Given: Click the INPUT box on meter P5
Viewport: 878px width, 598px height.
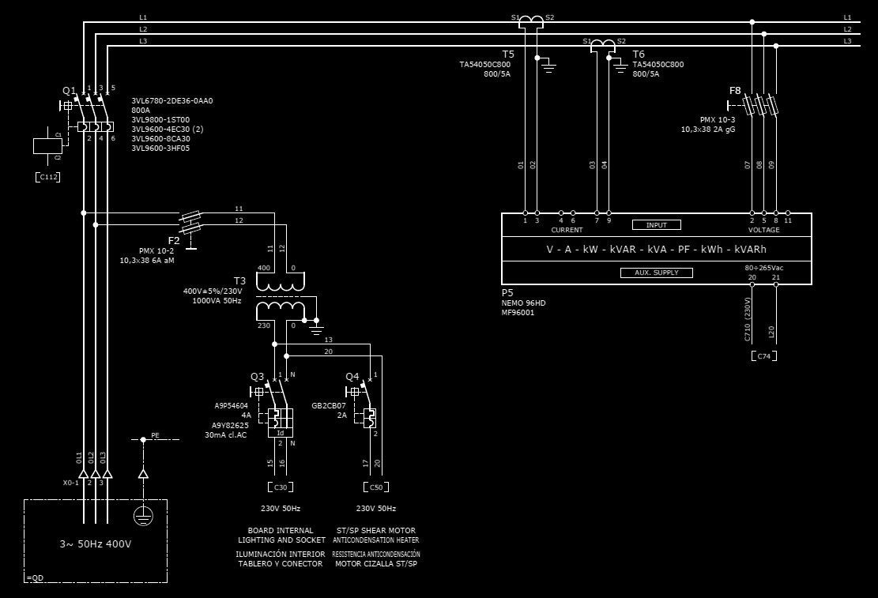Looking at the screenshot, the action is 656,225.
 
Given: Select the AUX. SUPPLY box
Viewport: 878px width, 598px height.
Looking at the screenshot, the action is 656,273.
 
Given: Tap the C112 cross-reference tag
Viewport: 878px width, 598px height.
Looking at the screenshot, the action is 47,177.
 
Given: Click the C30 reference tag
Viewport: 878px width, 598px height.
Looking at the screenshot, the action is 281,487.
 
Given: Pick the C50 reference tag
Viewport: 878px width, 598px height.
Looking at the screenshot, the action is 375,487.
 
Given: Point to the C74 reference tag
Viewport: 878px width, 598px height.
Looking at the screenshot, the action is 763,356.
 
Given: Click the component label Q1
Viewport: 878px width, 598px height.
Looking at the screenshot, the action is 69,91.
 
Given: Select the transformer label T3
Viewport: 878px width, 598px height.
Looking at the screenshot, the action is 239,280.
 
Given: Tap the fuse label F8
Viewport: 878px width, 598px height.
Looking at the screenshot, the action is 735,91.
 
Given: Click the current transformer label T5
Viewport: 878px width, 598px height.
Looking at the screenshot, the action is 508,55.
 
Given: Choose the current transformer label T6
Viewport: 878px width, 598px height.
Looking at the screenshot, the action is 639,55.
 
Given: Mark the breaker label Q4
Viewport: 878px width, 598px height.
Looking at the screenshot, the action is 352,376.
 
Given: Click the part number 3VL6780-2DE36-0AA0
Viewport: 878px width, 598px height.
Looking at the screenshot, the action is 172,101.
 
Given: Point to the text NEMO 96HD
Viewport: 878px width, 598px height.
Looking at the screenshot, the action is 523,303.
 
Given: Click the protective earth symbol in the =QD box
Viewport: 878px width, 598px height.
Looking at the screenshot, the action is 143,515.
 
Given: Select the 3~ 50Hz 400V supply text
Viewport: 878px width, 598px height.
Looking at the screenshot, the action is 96,543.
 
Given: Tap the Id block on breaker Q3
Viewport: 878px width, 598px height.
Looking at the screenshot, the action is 281,433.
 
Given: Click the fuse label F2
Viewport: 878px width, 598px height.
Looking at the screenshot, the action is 174,240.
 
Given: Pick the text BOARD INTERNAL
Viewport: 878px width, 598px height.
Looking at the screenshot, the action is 281,530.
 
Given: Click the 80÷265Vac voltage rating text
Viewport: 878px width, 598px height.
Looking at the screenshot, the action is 763,268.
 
